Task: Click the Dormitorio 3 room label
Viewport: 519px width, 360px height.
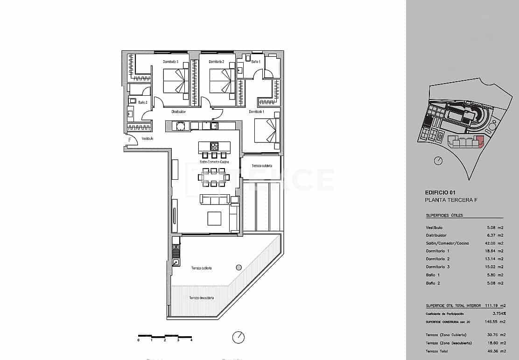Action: tap(170, 62)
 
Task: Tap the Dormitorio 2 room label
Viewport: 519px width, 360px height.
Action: tap(217, 62)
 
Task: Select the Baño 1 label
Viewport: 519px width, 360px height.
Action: tap(255, 62)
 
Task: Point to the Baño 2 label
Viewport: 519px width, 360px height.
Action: tap(143, 102)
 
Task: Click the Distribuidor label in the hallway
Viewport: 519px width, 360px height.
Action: tap(179, 112)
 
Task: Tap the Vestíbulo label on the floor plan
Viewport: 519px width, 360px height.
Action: tap(147, 139)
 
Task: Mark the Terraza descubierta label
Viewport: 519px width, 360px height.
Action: tap(202, 298)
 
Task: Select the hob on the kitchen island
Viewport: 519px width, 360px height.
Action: tap(214, 146)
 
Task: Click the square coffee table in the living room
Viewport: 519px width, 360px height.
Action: tap(214, 219)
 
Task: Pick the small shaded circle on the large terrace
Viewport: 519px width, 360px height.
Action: tap(238, 268)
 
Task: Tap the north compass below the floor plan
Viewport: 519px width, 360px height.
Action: tap(238, 337)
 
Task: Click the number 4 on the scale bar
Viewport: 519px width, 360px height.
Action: tap(191, 340)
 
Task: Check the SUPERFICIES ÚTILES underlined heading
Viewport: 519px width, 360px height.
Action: tap(444, 216)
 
